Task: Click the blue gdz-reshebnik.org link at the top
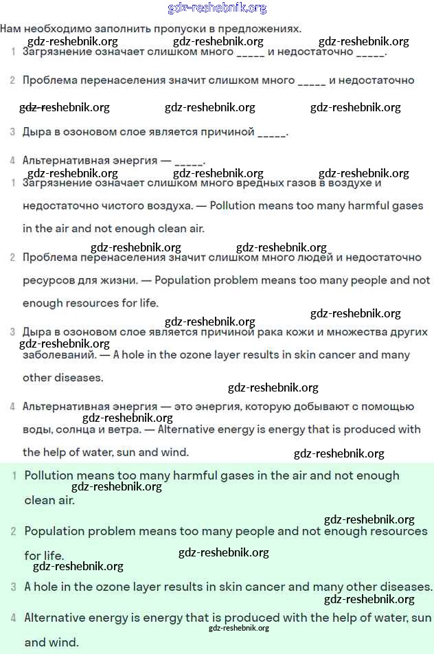[x=217, y=8]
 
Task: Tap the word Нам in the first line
[x=10, y=29]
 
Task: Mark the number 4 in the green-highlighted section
[x=13, y=618]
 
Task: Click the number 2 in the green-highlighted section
[x=13, y=532]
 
